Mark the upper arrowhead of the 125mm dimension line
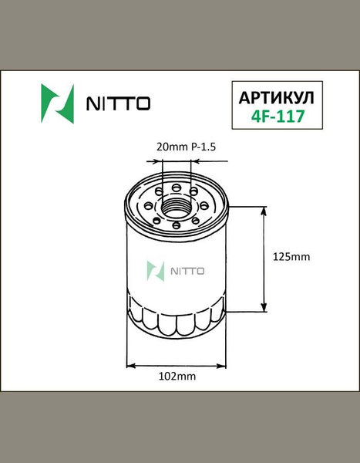(x=266, y=211)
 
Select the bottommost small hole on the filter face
(x=177, y=226)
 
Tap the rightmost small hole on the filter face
(x=208, y=206)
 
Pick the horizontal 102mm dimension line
(x=177, y=363)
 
